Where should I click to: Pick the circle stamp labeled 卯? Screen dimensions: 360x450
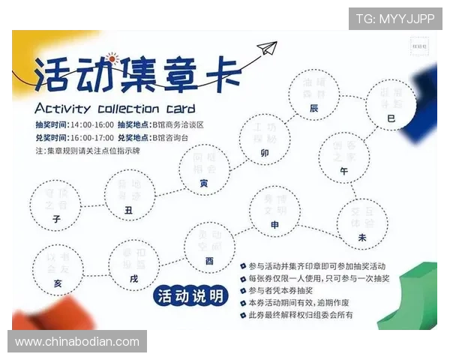click(x=264, y=139)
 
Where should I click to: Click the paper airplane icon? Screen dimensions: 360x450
click(x=267, y=51)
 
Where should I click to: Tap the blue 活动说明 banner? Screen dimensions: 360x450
click(x=190, y=296)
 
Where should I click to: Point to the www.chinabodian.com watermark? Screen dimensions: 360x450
click(x=77, y=342)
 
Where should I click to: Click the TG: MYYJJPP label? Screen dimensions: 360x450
click(x=395, y=18)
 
